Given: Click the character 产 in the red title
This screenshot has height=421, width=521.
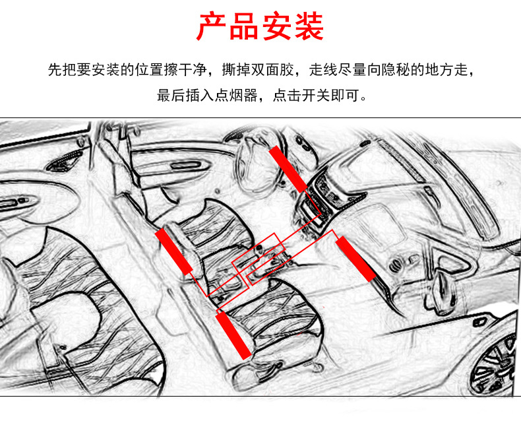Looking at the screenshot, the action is coord(210,26).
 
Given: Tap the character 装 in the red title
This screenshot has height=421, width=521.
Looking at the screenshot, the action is coord(309,26).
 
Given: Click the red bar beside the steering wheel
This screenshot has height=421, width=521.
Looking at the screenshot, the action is coord(288,169).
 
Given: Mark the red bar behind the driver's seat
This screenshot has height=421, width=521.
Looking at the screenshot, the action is coord(174,251).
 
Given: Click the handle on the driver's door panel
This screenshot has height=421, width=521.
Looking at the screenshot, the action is coord(185,165).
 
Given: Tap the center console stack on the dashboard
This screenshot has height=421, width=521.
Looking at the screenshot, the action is coord(316,203).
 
